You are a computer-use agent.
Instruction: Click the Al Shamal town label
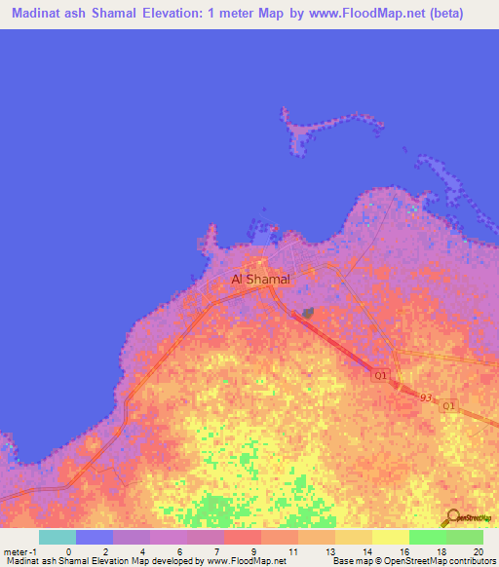pyautogui.click(x=260, y=280)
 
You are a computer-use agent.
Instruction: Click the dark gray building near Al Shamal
pyautogui.click(x=308, y=313)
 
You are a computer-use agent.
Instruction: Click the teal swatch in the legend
pyautogui.click(x=57, y=537)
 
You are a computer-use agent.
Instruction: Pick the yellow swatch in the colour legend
pyautogui.click(x=390, y=537)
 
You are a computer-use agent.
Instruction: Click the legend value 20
pyautogui.click(x=477, y=552)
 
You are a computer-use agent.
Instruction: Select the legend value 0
pyautogui.click(x=68, y=552)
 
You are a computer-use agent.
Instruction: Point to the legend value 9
pyautogui.click(x=252, y=552)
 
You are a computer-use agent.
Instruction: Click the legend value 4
pyautogui.click(x=142, y=552)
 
